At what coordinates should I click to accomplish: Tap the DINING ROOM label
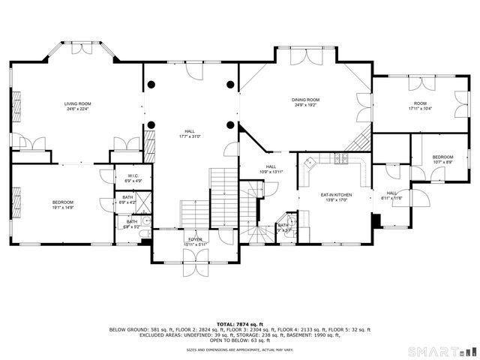[306, 100]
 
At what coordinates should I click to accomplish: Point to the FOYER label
[195, 239]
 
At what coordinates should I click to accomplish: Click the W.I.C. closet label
[131, 177]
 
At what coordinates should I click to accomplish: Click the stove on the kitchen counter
[342, 158]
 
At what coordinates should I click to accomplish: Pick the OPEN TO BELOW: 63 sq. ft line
[240, 340]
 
